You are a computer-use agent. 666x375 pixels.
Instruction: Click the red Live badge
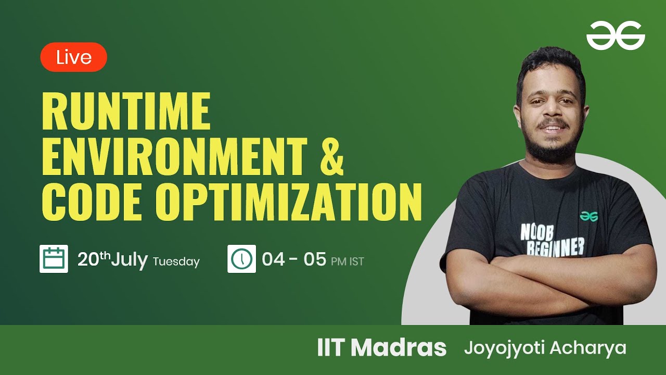coord(73,57)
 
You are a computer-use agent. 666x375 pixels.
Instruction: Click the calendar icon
coord(54,259)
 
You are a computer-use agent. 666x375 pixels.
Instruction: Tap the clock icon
coord(241,259)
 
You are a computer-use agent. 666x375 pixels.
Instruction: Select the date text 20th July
coord(112,259)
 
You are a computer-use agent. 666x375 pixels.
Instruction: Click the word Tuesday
coord(176,261)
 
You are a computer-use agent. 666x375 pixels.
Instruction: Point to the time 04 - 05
coord(293,259)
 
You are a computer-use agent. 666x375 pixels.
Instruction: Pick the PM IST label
coord(348,261)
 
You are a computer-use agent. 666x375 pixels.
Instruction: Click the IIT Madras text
coord(381,348)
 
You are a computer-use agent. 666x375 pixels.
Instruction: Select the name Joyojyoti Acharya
coord(545,348)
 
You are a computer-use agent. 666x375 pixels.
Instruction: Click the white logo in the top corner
coord(616,36)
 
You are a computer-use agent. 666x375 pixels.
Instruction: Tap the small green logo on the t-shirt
coord(589,216)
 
